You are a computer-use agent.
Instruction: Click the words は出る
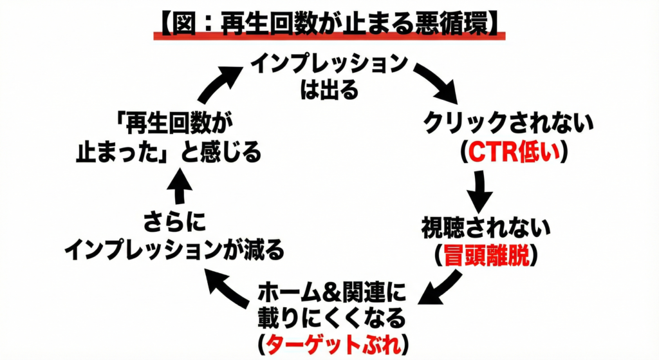[x=329, y=90]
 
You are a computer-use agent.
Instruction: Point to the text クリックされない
[x=506, y=125]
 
